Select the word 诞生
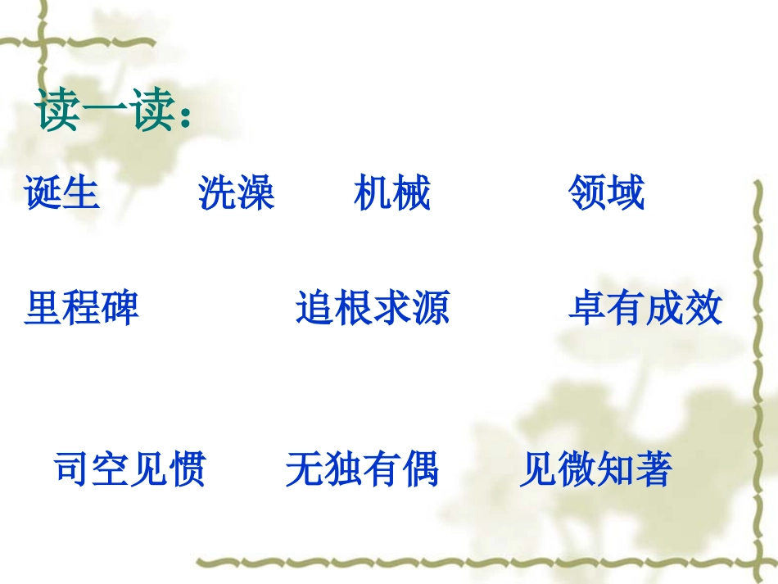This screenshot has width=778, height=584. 62,193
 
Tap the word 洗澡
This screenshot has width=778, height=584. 236,193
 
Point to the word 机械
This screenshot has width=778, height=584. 392,193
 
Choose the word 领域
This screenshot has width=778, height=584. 606,193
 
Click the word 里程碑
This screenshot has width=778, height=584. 81,308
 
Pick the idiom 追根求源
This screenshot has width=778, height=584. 373,308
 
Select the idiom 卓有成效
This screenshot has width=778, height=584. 645,308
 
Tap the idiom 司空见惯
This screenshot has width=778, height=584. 129,469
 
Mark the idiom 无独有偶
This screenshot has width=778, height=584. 362,469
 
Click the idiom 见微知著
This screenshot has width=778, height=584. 595,469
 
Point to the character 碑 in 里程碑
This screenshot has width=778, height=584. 120,308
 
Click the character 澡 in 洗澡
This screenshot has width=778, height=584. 256,193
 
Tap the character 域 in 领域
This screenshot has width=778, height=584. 626,193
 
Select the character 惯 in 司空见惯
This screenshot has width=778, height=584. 188,469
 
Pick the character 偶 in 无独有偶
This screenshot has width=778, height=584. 420,469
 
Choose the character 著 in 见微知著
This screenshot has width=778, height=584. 654,469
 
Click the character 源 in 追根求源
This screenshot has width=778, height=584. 431,308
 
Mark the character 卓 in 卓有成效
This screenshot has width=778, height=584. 587,308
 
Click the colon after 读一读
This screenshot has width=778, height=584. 185,116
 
